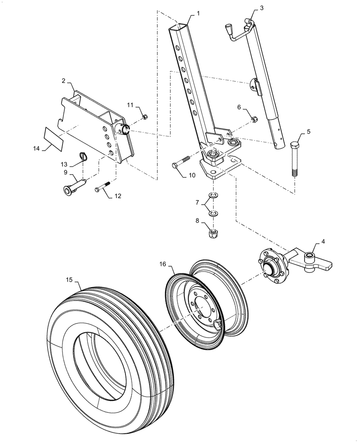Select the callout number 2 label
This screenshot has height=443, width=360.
(64, 81)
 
